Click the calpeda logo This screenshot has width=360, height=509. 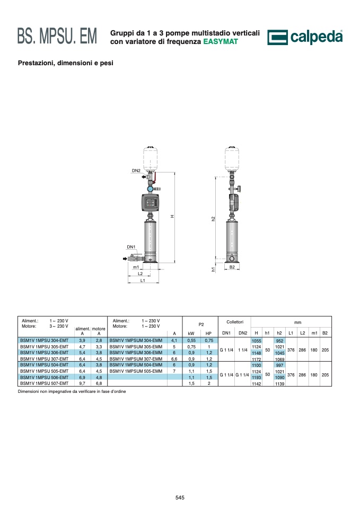(x=305, y=37)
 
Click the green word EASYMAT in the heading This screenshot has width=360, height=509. (x=221, y=41)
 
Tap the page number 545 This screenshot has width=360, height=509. (x=180, y=497)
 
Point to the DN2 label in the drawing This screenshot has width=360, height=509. (x=136, y=170)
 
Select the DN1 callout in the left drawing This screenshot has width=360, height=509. (x=131, y=247)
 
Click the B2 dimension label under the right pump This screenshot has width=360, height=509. (x=232, y=267)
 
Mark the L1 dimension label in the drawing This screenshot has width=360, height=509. (x=143, y=280)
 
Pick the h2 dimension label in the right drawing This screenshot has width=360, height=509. (x=213, y=219)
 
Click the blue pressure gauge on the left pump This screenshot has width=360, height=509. (x=150, y=189)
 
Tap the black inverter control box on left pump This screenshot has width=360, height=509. (x=150, y=203)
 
